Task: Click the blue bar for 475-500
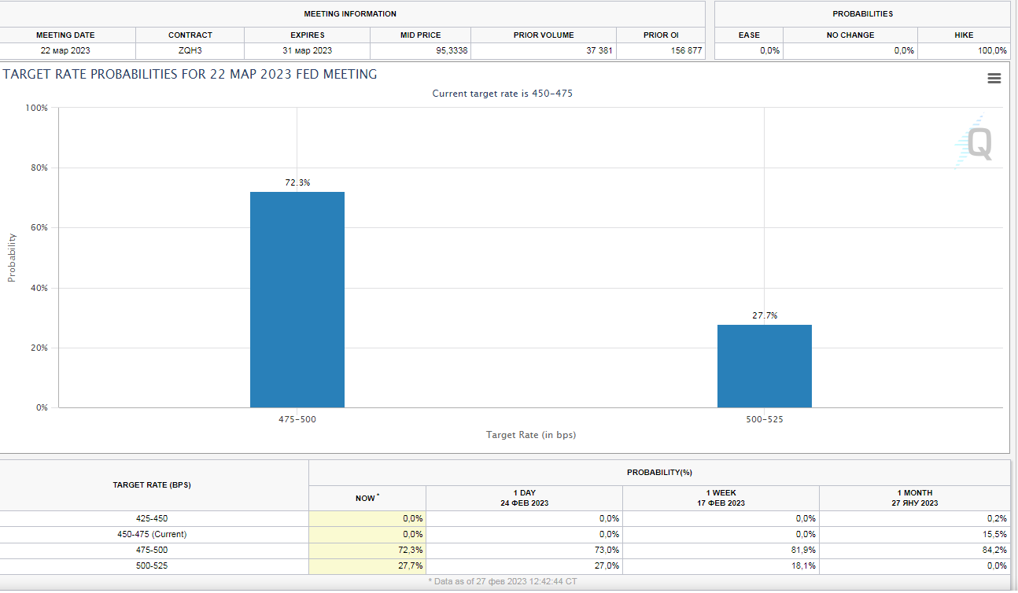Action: [297, 300]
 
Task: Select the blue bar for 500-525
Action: [764, 366]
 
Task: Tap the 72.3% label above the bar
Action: [297, 182]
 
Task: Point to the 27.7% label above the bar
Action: [765, 315]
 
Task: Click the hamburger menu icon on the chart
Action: [994, 78]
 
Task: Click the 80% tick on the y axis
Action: [37, 168]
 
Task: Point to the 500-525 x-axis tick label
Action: [764, 420]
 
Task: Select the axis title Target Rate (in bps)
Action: [530, 435]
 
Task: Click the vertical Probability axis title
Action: [12, 258]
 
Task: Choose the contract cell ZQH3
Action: [190, 50]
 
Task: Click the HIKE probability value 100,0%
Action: [991, 50]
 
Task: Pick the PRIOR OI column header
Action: [660, 35]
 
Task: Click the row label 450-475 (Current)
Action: [152, 534]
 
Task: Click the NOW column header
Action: [367, 498]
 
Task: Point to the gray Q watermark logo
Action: [978, 144]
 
